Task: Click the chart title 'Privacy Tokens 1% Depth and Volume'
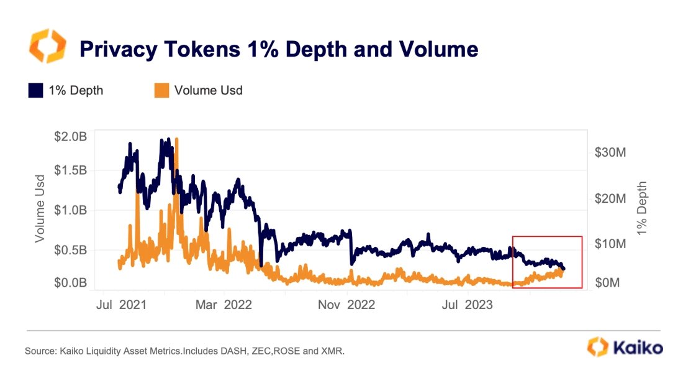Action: tap(279, 49)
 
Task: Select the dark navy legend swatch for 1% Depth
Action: tap(35, 91)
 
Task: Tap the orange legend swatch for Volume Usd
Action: tap(161, 91)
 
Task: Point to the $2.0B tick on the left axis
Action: tap(70, 137)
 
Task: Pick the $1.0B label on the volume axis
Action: tap(70, 210)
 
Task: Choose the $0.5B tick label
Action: tap(70, 250)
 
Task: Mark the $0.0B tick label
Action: tap(70, 283)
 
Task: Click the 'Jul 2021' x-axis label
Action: tap(122, 305)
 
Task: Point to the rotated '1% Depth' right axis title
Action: tap(642, 208)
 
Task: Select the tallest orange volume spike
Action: tap(177, 141)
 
